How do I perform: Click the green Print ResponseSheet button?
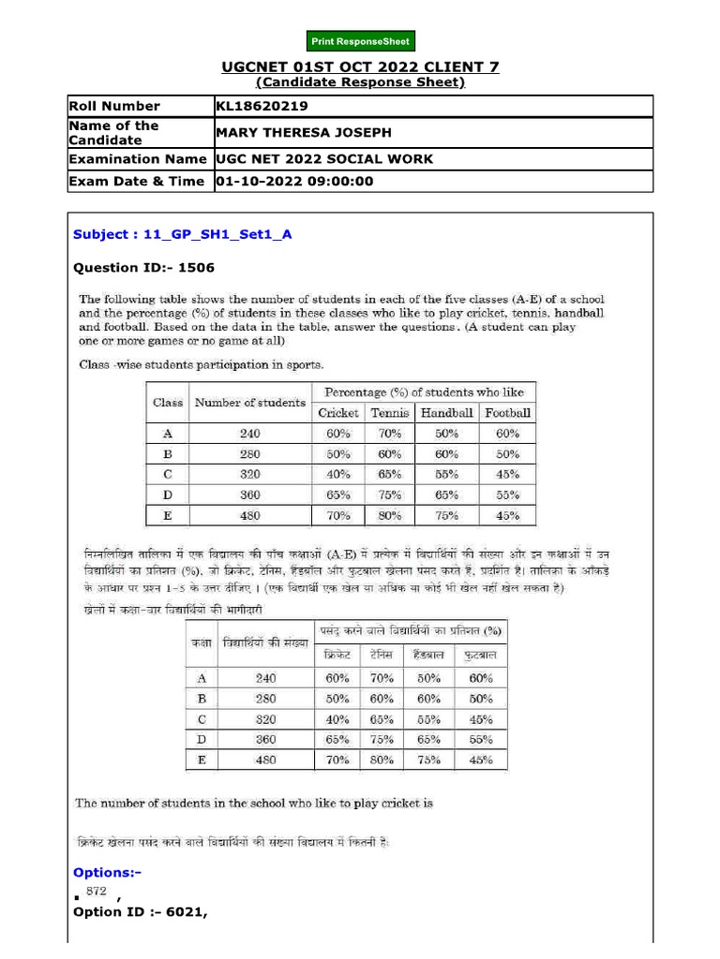pos(360,41)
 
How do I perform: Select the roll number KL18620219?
pos(262,106)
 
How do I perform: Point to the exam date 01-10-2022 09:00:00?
pos(294,181)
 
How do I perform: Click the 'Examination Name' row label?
pos(139,159)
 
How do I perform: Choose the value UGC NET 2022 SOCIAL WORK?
pos(324,159)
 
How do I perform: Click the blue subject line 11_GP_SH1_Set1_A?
pos(183,234)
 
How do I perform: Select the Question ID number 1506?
pos(196,268)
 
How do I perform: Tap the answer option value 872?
pos(97,891)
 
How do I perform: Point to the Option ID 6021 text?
pos(140,911)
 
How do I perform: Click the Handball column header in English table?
pos(446,412)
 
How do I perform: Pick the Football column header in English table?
pos(507,412)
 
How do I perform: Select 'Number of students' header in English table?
pos(249,403)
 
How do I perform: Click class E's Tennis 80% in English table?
pos(389,514)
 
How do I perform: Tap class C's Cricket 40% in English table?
pos(338,474)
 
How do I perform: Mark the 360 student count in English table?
pos(249,494)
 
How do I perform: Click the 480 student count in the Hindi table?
pos(266,760)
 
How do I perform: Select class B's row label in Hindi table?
pos(202,698)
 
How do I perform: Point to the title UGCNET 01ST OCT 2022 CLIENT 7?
pos(360,66)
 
